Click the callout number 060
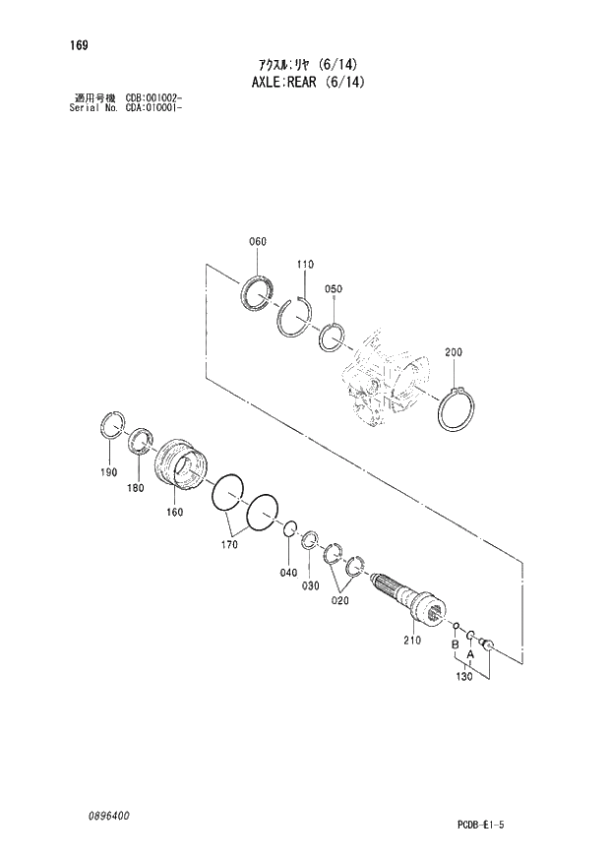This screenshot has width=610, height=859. point(258,241)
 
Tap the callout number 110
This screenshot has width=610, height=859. point(304,264)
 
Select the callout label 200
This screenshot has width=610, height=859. point(454,352)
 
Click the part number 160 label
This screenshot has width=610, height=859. point(175,512)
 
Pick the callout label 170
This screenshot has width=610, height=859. point(230,543)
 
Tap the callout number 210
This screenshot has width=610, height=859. point(411,641)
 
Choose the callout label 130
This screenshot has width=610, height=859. point(463,677)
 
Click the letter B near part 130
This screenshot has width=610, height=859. point(455,645)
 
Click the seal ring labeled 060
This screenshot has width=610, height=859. point(259,292)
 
